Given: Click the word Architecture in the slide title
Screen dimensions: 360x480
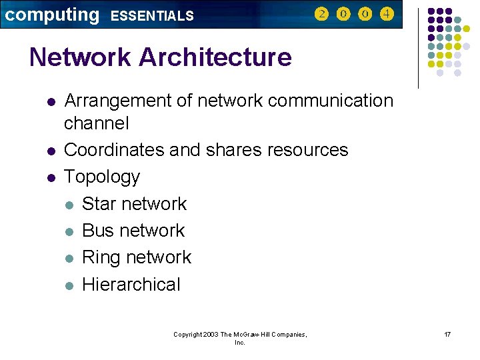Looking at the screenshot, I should [215, 58].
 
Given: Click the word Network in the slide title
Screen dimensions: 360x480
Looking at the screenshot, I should [81, 58].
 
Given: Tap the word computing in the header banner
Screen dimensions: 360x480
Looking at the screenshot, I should [52, 15].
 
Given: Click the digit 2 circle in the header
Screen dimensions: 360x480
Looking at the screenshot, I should [321, 14].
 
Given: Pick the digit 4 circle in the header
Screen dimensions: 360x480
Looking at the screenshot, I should [387, 14].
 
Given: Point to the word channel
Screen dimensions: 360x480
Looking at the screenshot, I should [97, 124].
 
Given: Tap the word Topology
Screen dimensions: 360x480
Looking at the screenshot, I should [102, 177].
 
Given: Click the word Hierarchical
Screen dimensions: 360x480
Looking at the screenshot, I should [131, 285].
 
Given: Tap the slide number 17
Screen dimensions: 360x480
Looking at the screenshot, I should [447, 334].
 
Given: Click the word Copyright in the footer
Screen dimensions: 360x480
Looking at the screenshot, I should [187, 335].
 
